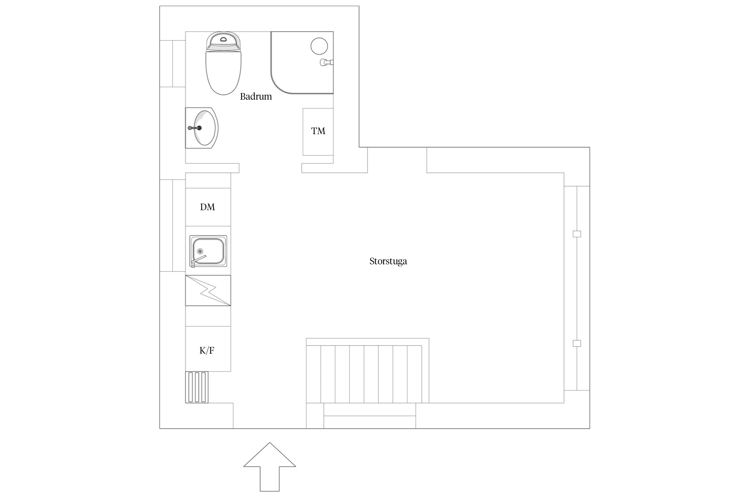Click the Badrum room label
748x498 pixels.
(x=256, y=97)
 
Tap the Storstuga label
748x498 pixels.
(x=388, y=261)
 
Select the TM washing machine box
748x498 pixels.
(x=318, y=131)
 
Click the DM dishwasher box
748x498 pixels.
(x=208, y=207)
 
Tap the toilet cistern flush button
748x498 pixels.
(x=223, y=39)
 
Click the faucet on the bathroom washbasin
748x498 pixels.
(x=195, y=128)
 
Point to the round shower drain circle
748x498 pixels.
(x=319, y=46)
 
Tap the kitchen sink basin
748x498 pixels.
(x=208, y=251)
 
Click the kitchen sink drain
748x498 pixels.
(x=200, y=251)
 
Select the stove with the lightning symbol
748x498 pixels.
(x=208, y=290)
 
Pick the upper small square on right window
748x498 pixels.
(x=577, y=234)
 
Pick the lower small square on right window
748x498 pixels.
(x=577, y=343)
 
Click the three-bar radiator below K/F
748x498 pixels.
(x=196, y=387)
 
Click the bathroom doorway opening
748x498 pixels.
(x=270, y=168)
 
